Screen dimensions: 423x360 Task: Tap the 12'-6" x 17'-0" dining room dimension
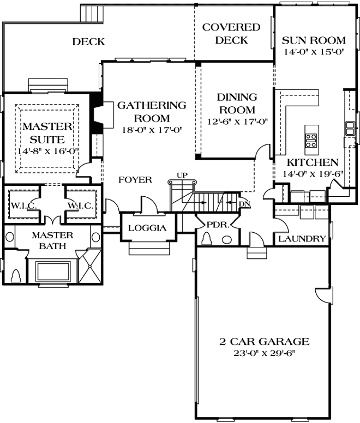237,122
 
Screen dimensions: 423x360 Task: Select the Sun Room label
313,40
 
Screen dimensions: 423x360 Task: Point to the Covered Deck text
231,33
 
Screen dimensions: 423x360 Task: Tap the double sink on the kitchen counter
349,129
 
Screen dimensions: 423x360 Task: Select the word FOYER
135,180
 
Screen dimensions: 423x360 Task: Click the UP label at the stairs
182,175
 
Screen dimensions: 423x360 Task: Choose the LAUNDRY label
302,239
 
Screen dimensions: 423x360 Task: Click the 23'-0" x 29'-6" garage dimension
264,353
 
